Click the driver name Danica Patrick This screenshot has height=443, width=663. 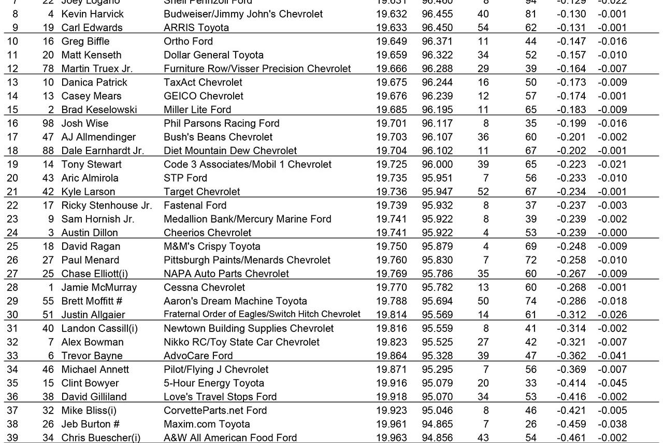tap(94, 82)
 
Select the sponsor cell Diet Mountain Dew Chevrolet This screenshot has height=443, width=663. tap(230, 151)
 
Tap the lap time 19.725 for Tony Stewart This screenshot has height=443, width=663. tap(392, 164)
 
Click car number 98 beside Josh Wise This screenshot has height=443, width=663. tap(50, 123)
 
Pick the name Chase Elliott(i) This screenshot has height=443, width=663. tap(97, 274)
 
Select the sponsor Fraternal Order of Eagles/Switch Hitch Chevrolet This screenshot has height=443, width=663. tap(262, 314)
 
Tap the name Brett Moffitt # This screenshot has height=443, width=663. tap(92, 301)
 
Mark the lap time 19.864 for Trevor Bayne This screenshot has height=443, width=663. tap(392, 356)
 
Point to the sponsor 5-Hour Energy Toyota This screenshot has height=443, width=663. tap(214, 383)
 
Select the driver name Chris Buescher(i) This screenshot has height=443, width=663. tap(101, 438)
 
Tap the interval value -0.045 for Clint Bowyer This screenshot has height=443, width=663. tap(612, 383)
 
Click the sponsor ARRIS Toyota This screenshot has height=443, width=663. tap(196, 27)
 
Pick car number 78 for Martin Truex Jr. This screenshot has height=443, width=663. tap(50, 68)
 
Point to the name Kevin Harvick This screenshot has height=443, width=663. tap(93, 14)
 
